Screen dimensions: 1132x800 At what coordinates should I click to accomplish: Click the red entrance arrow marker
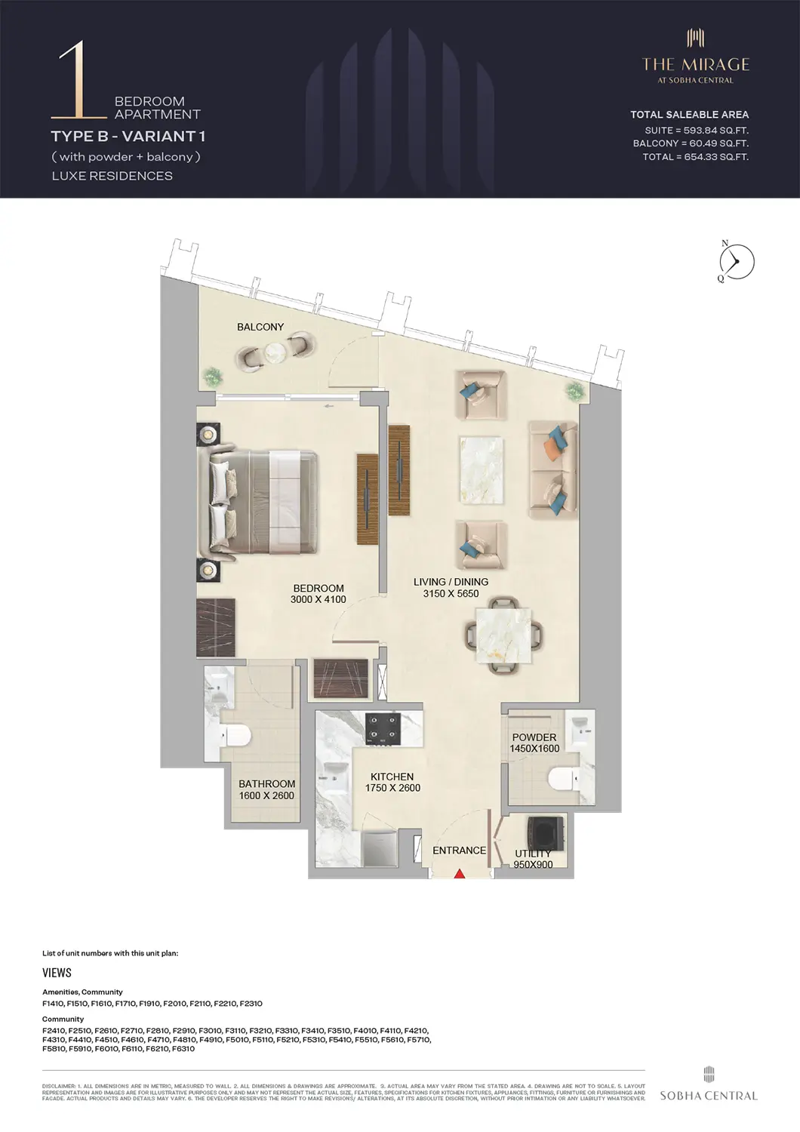tap(459, 873)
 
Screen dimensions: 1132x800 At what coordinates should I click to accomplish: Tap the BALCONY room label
tap(260, 327)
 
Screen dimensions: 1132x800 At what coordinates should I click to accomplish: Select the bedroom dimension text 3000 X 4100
tap(318, 600)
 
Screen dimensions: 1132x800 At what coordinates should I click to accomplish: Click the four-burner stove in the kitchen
tap(382, 729)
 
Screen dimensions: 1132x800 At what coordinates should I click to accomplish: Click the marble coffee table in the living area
tap(481, 469)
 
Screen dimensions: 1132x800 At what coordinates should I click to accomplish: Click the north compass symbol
tap(736, 262)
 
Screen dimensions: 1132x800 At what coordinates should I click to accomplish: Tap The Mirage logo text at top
tap(695, 65)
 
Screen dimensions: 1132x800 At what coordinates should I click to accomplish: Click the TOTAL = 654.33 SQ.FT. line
tap(695, 157)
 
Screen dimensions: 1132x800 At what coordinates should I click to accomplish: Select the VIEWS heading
tap(57, 973)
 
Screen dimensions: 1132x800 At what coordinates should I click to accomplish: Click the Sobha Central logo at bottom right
tap(708, 1086)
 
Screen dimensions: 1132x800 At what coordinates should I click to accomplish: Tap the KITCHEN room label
tap(392, 777)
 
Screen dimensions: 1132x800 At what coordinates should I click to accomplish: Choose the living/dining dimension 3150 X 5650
tap(451, 594)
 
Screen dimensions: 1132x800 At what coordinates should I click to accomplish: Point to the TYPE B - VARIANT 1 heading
tap(128, 137)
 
